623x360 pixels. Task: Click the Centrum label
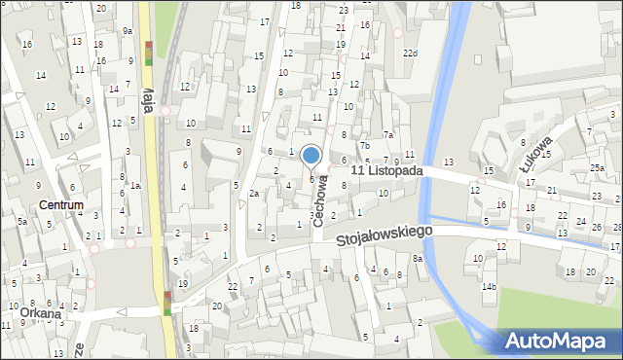[61, 205]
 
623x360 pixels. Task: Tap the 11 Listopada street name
[386, 170]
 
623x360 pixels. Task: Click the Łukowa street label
[535, 155]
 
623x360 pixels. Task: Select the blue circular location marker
[311, 155]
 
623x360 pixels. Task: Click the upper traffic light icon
[148, 53]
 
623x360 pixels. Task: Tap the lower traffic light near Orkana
[168, 303]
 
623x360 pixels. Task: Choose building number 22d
[411, 53]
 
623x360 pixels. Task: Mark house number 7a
[387, 135]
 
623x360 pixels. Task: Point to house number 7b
[365, 146]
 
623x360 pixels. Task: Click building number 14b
[489, 286]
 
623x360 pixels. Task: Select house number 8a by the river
[417, 258]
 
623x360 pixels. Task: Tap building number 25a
[595, 168]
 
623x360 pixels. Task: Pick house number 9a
[128, 30]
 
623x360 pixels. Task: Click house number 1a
[137, 186]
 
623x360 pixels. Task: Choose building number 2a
[254, 194]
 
